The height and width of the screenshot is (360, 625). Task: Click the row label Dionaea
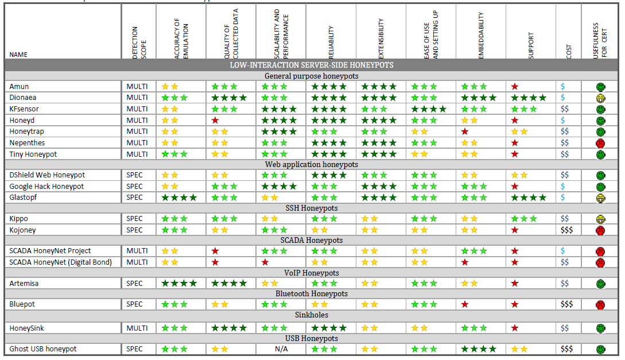pos(24,98)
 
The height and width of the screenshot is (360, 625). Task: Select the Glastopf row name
pos(24,198)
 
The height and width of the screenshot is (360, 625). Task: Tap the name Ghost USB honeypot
pos(42,349)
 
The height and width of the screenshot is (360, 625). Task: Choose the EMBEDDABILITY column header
pos(481,36)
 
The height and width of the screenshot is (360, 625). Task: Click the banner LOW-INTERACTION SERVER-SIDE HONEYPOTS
pos(312,65)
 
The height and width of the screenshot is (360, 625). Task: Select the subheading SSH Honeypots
pos(312,208)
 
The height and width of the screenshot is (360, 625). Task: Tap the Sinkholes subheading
pos(312,315)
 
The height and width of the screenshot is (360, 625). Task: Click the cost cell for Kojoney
pos(567,230)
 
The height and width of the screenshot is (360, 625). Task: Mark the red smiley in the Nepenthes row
pos(600,143)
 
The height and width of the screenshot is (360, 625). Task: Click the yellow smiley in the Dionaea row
pos(600,98)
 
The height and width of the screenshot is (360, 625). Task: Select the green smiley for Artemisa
pos(600,284)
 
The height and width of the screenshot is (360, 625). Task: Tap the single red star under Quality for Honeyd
pos(215,121)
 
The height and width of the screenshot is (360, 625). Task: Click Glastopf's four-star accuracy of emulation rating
pos(179,198)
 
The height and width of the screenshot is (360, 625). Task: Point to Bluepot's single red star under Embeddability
pos(464,304)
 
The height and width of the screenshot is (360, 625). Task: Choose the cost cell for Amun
pos(563,87)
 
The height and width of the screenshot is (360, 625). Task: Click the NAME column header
pos(18,55)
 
